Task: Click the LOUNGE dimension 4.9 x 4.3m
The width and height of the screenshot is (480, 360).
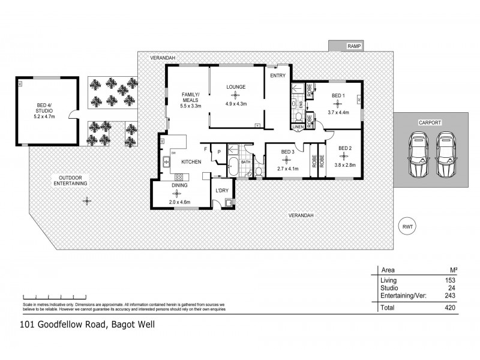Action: (x=236, y=104)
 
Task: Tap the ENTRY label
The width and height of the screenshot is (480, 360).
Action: (x=278, y=76)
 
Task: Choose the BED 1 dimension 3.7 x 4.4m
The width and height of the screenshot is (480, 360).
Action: (x=339, y=113)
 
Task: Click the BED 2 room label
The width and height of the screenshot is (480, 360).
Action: (x=344, y=148)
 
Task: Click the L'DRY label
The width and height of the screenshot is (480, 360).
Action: (x=223, y=190)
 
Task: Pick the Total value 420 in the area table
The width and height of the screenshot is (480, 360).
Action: (x=450, y=308)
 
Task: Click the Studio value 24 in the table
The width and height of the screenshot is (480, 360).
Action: (x=452, y=287)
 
